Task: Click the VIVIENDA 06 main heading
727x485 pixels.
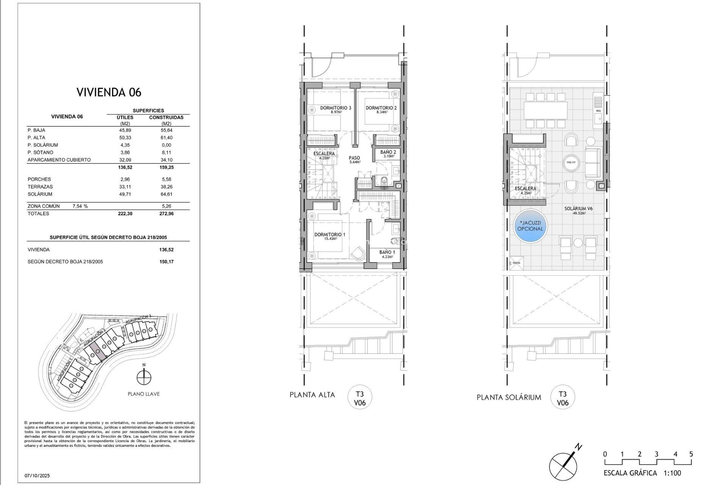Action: tap(109, 92)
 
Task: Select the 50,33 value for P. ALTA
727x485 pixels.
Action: tap(125, 138)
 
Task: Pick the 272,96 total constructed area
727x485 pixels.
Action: tap(166, 214)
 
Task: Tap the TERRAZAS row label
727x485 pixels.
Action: tap(40, 187)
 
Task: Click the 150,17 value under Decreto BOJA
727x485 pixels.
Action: tap(166, 262)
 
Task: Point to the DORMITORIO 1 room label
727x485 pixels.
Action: tap(329, 235)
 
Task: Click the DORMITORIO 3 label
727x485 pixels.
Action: tap(335, 108)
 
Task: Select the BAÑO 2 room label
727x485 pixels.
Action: tap(388, 152)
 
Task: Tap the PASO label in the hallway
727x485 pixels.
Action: tap(354, 158)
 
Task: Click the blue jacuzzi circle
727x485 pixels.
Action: tap(530, 226)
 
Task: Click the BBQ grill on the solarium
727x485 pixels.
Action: tap(598, 102)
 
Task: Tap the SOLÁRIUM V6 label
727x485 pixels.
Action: tap(578, 209)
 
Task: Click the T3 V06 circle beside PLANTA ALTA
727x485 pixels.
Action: tap(360, 398)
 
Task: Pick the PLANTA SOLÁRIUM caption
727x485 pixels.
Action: tap(509, 397)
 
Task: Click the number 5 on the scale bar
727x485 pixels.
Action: tap(691, 454)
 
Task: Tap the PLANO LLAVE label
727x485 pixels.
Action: tap(144, 394)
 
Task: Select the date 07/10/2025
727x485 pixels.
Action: tap(37, 476)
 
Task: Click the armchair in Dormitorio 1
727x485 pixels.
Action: tap(357, 252)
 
